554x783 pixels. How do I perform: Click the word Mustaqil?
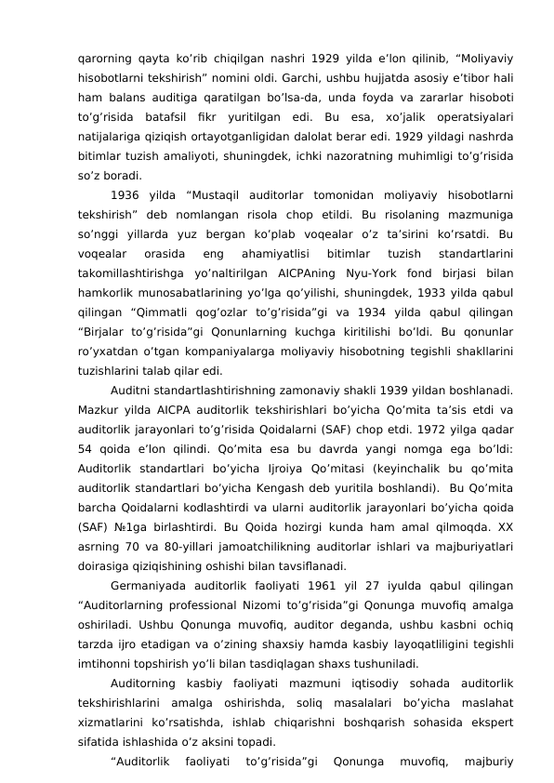pos(219,169)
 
